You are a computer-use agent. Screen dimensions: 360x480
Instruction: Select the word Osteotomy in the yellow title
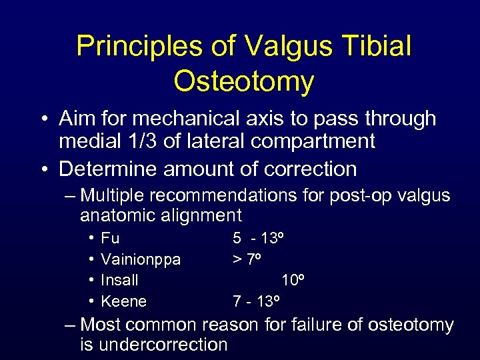pos(243,81)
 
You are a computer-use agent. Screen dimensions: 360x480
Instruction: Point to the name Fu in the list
pos(110,238)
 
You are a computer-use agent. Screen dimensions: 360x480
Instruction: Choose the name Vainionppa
pos(141,259)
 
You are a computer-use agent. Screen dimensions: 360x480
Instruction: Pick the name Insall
pos(120,280)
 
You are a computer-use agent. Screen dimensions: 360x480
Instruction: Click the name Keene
pos(124,301)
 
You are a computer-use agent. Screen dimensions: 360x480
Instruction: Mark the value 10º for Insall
pos(293,280)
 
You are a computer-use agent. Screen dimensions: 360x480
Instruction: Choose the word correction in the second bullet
pos(311,169)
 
